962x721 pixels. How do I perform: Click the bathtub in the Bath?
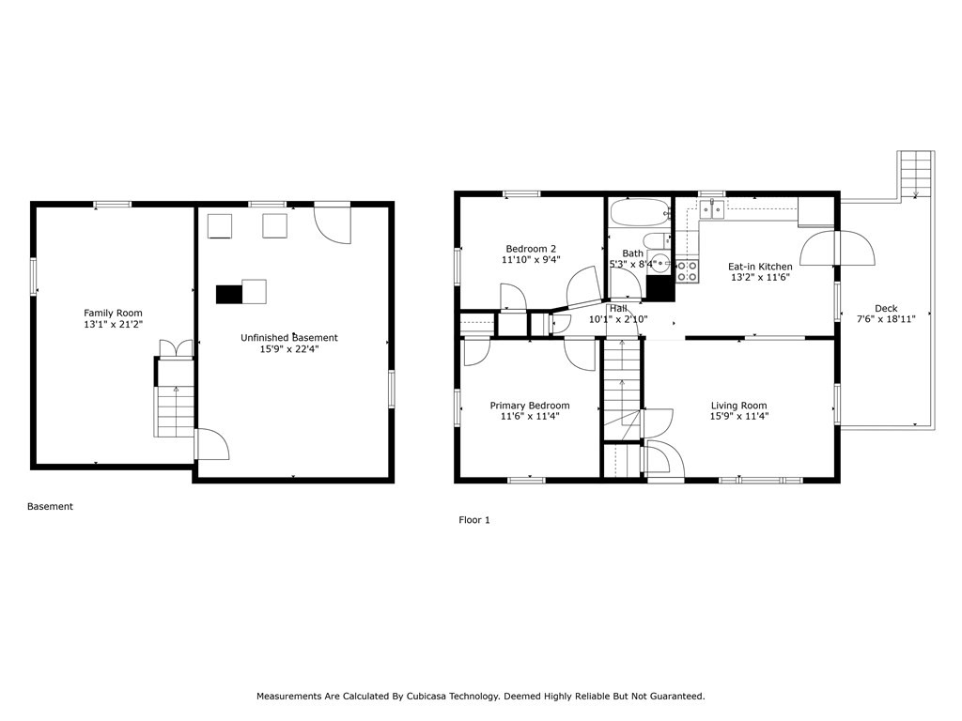point(639,211)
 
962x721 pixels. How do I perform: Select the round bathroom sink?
point(659,263)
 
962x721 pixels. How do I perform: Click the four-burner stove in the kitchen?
point(687,271)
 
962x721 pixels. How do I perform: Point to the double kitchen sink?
point(711,208)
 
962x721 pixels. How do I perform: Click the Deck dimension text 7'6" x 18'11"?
point(885,319)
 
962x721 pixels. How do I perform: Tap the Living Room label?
point(739,406)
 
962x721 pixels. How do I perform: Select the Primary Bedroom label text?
point(529,406)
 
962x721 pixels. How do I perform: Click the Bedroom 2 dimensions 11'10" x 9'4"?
point(531,260)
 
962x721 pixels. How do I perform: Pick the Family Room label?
point(113,313)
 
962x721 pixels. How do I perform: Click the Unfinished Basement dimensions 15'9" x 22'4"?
point(289,349)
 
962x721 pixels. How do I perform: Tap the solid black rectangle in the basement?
point(229,294)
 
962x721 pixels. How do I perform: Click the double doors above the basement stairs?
point(176,349)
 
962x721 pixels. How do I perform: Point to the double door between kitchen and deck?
point(837,248)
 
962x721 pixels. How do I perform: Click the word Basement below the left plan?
point(50,506)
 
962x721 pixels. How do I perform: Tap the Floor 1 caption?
point(474,519)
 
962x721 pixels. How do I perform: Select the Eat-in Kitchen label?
point(760,267)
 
